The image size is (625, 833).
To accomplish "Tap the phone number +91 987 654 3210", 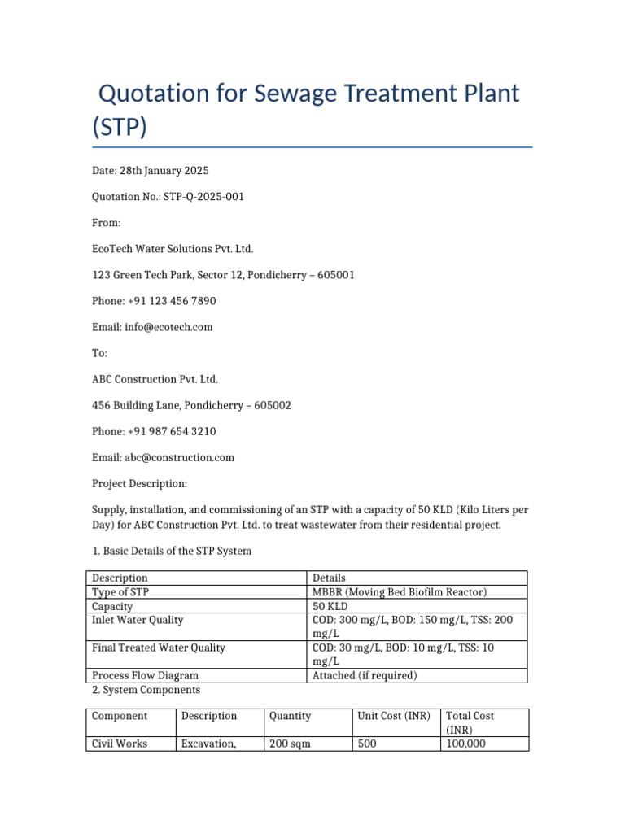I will click(x=172, y=431).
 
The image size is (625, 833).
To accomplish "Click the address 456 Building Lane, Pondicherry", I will click(x=191, y=405).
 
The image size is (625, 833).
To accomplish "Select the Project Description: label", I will click(x=139, y=483).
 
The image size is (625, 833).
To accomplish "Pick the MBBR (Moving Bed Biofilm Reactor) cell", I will click(x=400, y=592).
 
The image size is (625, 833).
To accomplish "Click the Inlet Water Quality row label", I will click(x=138, y=620).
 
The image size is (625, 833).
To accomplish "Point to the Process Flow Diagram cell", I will click(x=145, y=675).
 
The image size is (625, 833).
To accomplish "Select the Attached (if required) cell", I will click(x=365, y=675).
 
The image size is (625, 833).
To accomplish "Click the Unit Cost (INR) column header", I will click(x=394, y=716).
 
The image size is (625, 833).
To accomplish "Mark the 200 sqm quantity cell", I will click(x=289, y=744).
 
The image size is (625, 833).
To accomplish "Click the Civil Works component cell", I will click(x=120, y=744).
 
